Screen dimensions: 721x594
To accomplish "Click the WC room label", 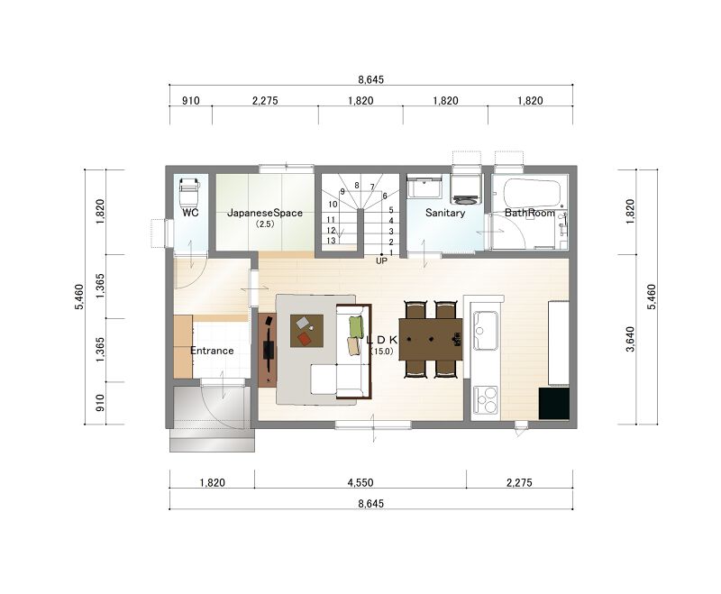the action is coord(190,213).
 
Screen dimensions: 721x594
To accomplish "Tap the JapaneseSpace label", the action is coord(265,213).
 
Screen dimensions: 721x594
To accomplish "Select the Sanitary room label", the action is coord(445,213).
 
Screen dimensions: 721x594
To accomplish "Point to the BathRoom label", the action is coord(530,213).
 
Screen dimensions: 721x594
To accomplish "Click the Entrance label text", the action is coord(212,351).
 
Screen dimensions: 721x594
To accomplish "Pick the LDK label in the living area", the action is coord(381,340).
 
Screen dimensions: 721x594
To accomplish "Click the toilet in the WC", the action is coord(189,193).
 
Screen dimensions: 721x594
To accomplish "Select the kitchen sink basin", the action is coord(486,331).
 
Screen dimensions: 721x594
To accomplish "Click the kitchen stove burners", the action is coord(486,400).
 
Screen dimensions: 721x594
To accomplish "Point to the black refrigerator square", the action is coord(553,404).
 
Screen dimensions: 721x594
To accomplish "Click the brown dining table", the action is coord(431,339).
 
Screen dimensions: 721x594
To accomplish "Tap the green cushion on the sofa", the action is coord(356,326).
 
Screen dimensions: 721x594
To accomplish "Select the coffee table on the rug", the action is coord(306,331).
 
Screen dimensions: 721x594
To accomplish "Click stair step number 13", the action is coord(331,241).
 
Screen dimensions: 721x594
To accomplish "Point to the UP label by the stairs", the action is coord(381,261).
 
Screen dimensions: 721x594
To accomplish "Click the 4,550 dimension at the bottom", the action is coord(360,483).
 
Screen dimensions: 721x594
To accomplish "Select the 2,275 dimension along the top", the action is coord(265,101).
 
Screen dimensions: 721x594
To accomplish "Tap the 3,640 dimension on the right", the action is coord(630,339).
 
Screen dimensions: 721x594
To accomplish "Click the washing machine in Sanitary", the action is coord(466,188).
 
